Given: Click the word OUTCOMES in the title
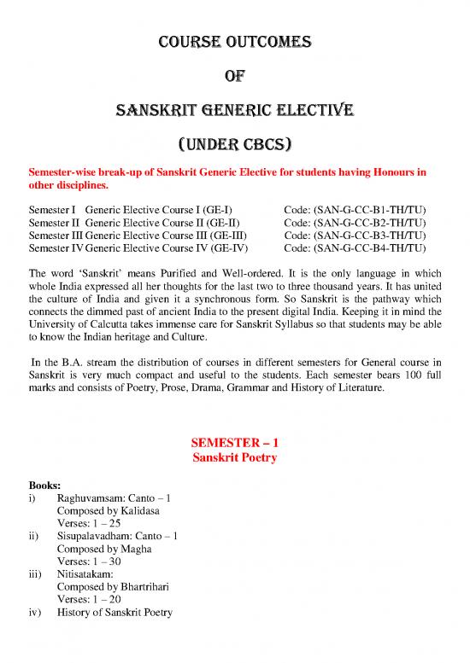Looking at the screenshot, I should click(273, 40).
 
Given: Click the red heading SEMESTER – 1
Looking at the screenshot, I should click(235, 444).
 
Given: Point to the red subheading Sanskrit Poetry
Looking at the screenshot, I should click(235, 458).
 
